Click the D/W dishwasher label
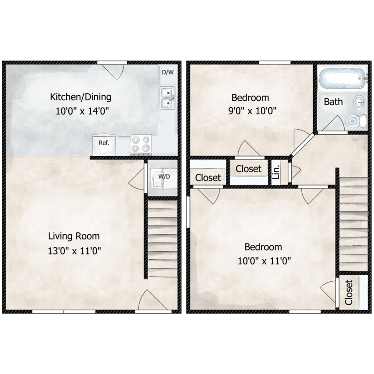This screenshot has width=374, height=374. click(x=168, y=72)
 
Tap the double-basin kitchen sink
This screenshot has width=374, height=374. click(x=168, y=98)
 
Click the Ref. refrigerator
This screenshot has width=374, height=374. click(x=104, y=145)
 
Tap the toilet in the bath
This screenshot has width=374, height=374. click(x=357, y=121)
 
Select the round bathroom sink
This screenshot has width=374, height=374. click(x=359, y=102)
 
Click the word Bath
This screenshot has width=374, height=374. click(x=333, y=102)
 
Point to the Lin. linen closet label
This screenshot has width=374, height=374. click(x=276, y=172)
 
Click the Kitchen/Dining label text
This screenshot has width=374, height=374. click(x=81, y=97)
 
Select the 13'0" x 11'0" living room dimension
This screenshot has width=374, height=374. click(x=74, y=251)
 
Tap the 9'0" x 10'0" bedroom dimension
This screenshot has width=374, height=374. click(x=252, y=111)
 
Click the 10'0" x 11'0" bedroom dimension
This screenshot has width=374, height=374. click(x=264, y=261)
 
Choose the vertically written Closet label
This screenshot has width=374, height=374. click(x=349, y=292)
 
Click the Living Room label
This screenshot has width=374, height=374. click(x=74, y=236)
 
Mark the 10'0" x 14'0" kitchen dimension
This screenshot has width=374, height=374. click(x=82, y=111)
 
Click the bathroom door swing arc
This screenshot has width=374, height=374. click(x=334, y=123)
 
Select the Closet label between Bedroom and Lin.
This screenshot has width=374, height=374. click(x=248, y=169)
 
